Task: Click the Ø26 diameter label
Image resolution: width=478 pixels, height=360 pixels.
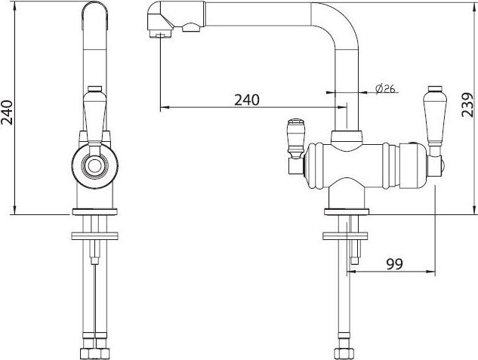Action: pos(385,89)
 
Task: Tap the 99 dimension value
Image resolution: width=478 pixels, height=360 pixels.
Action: pos(394,263)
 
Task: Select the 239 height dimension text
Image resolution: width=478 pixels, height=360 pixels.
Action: pos(467,105)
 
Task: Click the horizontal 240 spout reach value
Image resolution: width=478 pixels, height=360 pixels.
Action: pos(247,100)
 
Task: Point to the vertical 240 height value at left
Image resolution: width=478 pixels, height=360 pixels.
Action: pos(7,112)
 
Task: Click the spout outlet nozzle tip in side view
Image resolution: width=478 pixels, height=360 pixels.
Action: pos(160,33)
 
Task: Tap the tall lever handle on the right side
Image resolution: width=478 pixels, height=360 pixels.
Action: pos(435,115)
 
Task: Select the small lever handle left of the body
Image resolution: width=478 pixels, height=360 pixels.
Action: pos(296,139)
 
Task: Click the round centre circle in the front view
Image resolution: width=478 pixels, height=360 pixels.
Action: pos(94,166)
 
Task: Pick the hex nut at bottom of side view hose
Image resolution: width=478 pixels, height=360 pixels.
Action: pos(344,353)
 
